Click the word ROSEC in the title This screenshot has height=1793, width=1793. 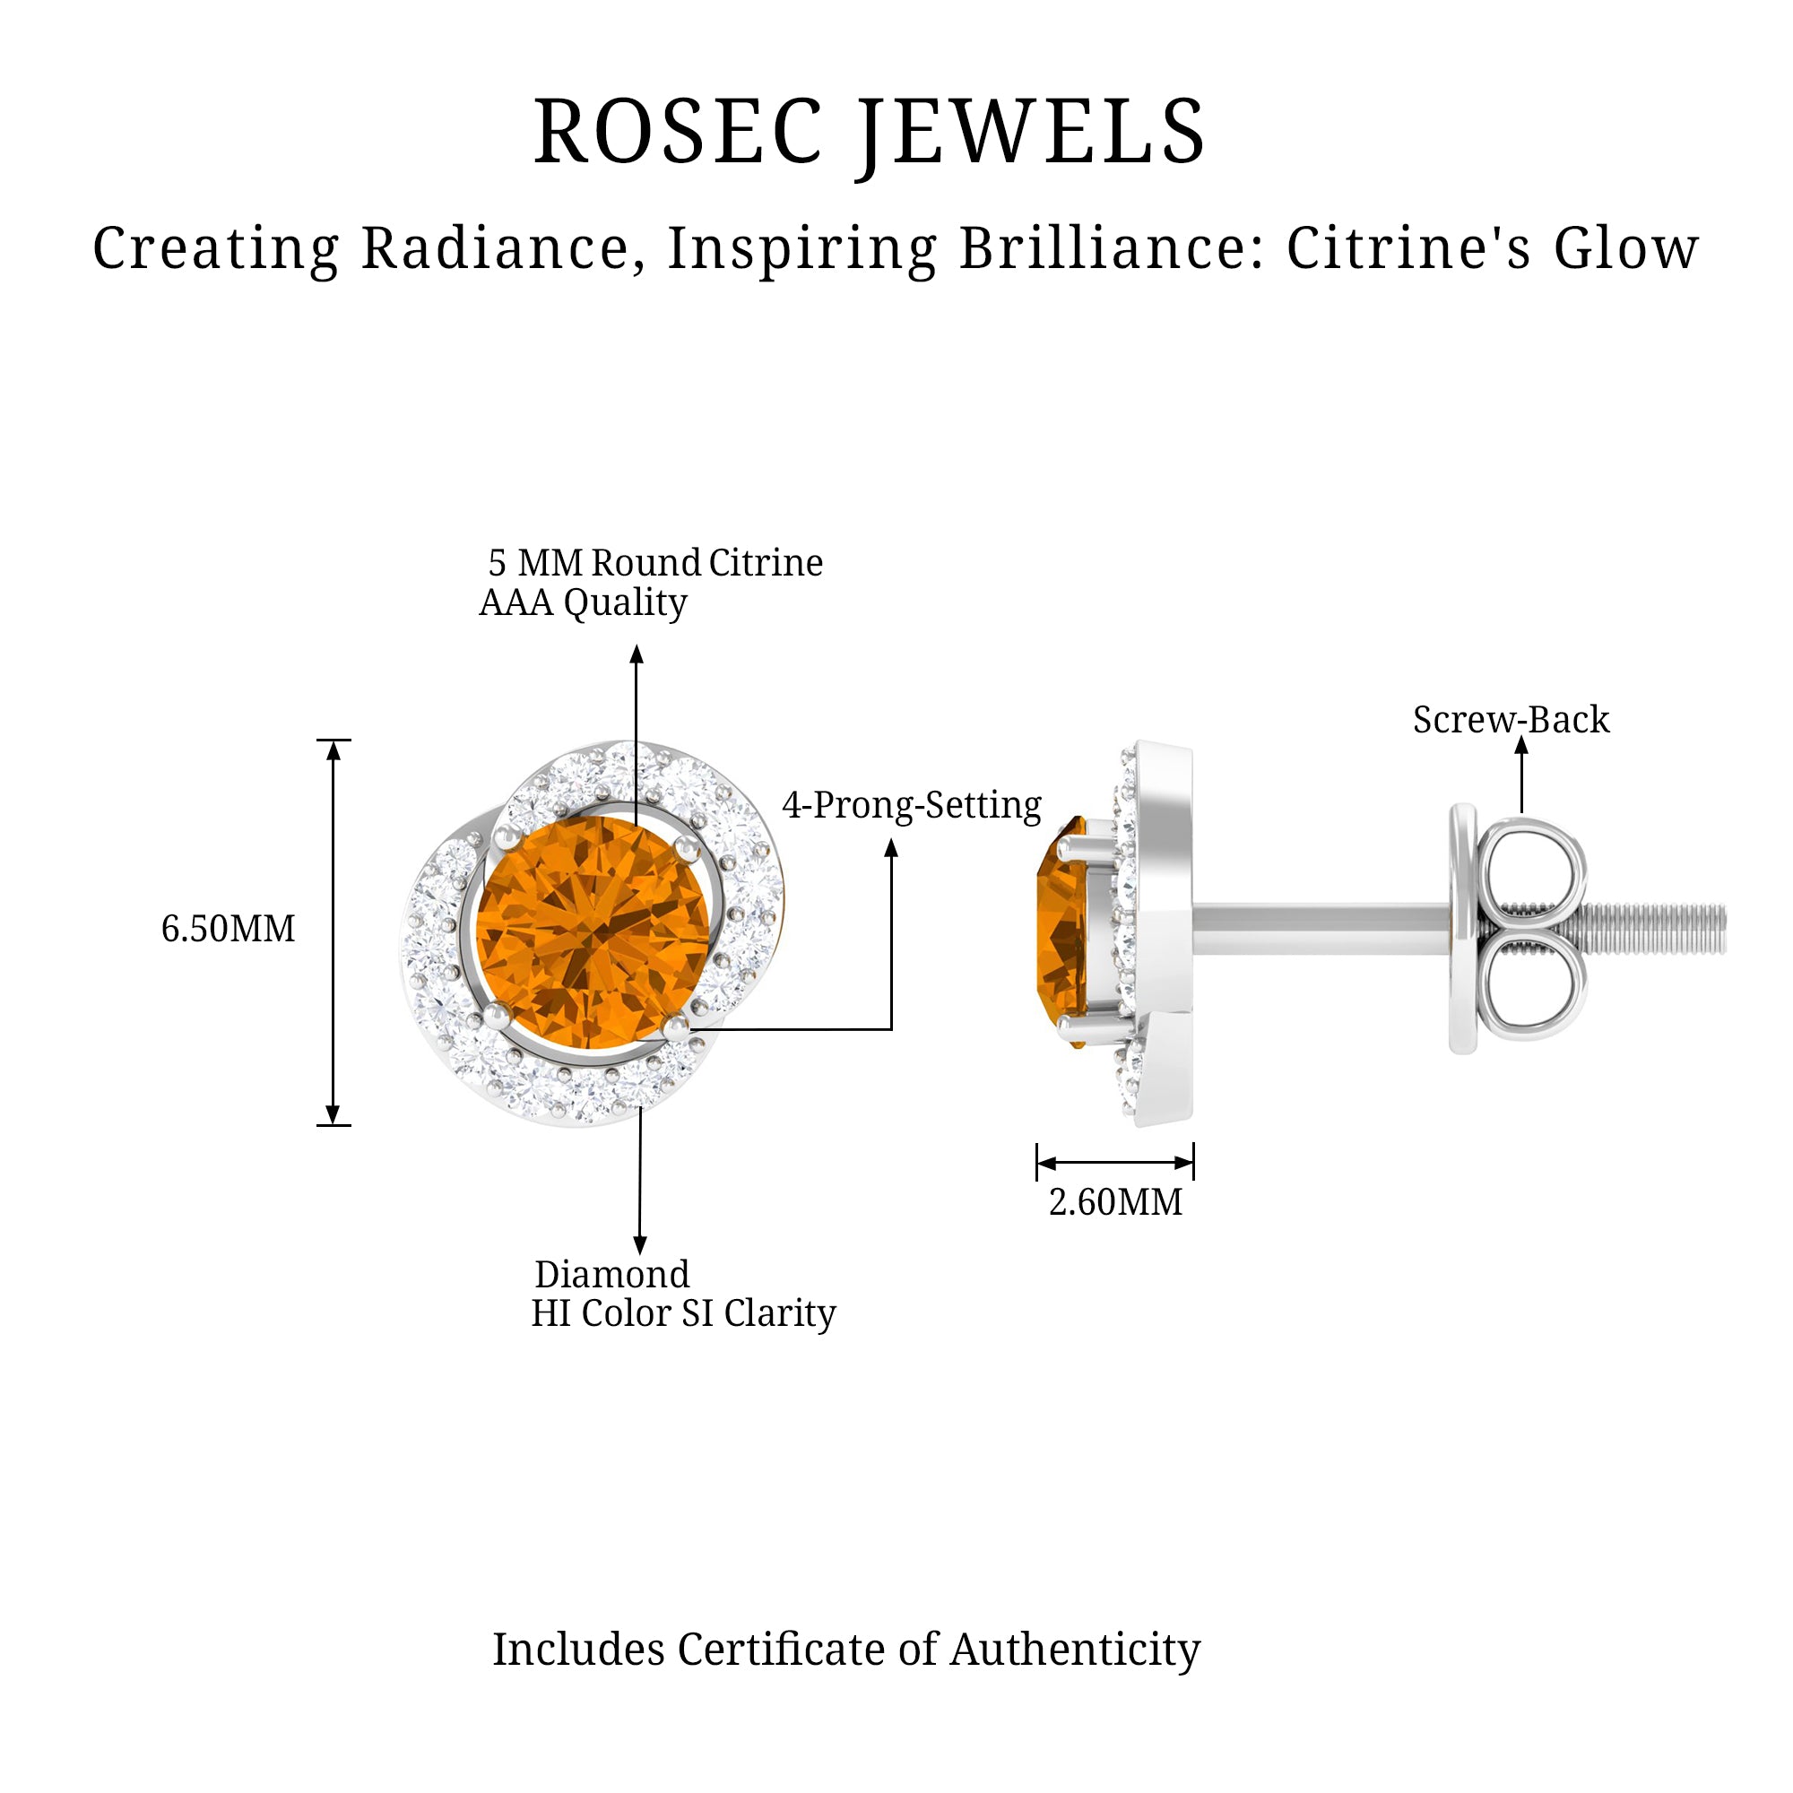pos(679,132)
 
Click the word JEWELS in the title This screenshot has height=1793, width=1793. pos(1031,132)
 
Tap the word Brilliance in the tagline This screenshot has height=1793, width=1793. pos(1110,248)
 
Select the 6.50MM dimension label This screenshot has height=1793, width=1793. pos(229,929)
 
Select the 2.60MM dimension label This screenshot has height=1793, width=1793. pos(1115,1202)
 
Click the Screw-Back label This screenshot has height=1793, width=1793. pos(1511,720)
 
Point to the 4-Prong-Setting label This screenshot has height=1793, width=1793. pos(912,805)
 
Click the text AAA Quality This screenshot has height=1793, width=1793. pos(583,603)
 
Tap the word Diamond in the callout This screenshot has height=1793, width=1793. pos(611,1274)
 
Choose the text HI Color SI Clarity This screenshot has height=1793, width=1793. pos(683,1313)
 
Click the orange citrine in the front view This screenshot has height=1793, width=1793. pos(592,932)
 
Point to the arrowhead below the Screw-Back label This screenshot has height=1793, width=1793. pos(1521,745)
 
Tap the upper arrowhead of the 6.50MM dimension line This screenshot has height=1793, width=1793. pos(333,749)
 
